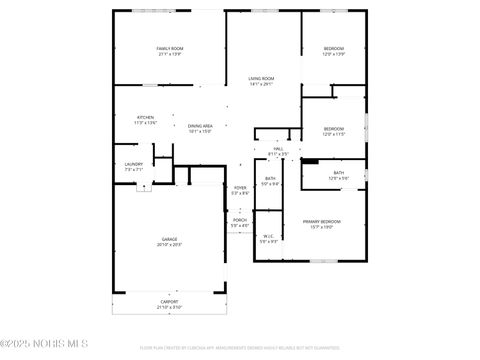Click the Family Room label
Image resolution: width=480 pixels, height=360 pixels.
pos(169,48)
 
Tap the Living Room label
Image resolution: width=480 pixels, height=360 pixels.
pos(261,78)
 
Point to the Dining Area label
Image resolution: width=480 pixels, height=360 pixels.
pos(201,125)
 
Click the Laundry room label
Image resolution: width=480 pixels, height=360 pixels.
pos(133,164)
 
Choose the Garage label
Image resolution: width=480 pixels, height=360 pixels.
pos(170,239)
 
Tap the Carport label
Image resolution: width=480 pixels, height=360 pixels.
pos(170,301)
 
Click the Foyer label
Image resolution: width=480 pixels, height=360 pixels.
pos(240,187)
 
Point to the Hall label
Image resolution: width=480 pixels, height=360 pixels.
pos(278,149)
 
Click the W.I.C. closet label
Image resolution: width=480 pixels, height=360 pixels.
pos(269,236)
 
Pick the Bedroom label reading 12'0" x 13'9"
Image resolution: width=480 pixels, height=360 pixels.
pos(333,49)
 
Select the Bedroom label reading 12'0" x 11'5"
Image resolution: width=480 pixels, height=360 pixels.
pos(333,128)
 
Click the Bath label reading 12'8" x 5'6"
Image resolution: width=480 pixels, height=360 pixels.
pos(338,173)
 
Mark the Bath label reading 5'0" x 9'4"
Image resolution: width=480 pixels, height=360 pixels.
pos(270,179)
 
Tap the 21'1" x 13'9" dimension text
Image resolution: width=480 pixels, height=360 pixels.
pos(170,54)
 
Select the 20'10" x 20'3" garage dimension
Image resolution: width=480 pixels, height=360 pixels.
pos(170,245)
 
